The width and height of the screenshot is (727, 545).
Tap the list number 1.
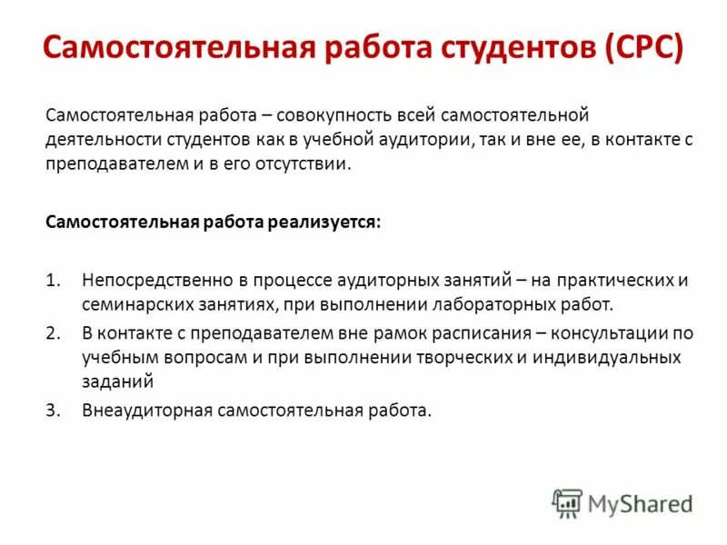click(x=52, y=280)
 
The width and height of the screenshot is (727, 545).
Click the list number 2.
click(x=52, y=333)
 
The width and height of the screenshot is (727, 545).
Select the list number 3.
click(x=52, y=411)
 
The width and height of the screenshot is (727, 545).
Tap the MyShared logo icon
click(x=568, y=502)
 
